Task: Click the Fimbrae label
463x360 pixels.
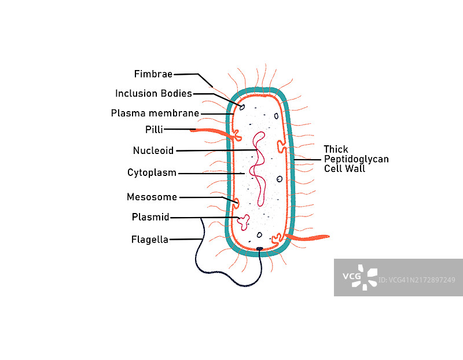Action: [x=153, y=74]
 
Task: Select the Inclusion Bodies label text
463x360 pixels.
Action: [x=153, y=93]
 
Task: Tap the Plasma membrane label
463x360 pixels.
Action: [x=155, y=113]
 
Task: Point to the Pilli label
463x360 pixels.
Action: [x=155, y=129]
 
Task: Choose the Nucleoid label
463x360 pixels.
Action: [x=153, y=150]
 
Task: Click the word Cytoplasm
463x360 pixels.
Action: [x=152, y=172]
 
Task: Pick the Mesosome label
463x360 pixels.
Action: [x=152, y=197]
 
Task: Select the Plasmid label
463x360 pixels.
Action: [x=150, y=217]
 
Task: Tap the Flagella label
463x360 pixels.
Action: [x=149, y=239]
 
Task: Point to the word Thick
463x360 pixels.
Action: [x=336, y=149]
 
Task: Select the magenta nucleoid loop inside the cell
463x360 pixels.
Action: [x=258, y=168]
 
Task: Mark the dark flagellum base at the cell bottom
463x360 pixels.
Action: [x=259, y=249]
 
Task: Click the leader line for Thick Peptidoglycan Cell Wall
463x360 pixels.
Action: [x=308, y=159]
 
